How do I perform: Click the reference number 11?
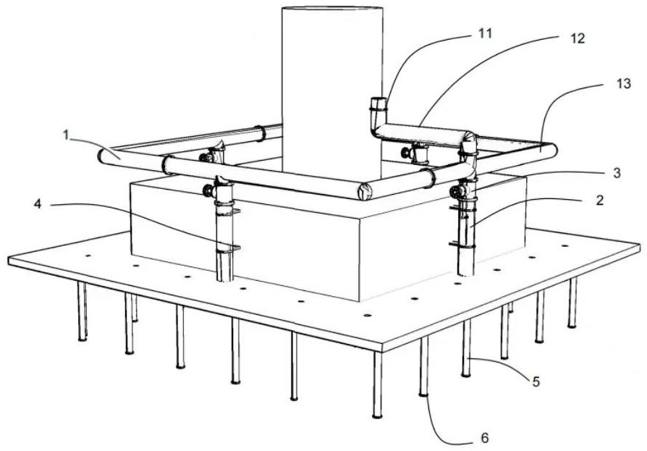(485, 33)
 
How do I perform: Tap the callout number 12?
(578, 38)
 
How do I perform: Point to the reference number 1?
(66, 135)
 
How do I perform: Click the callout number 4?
(38, 204)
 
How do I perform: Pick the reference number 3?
(616, 173)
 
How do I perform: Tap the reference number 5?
(536, 382)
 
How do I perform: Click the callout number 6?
(485, 438)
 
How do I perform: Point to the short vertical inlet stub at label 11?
(378, 111)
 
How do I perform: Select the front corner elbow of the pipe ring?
(364, 191)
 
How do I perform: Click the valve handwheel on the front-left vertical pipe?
(208, 190)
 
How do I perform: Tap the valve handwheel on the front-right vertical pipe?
(455, 192)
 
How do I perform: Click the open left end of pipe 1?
(101, 156)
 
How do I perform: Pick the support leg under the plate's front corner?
(377, 385)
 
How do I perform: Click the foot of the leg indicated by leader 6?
(423, 394)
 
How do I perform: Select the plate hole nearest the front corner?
(366, 316)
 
